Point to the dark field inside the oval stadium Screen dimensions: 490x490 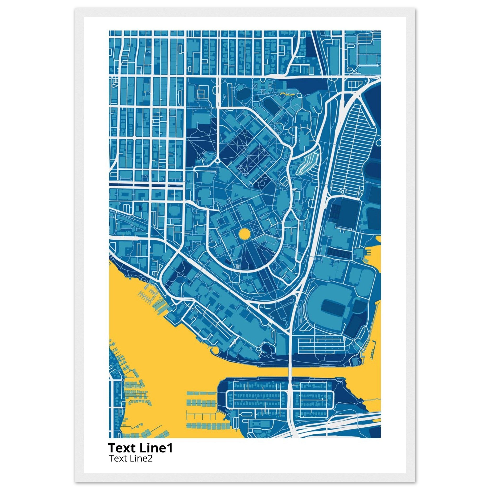click(x=332, y=306)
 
